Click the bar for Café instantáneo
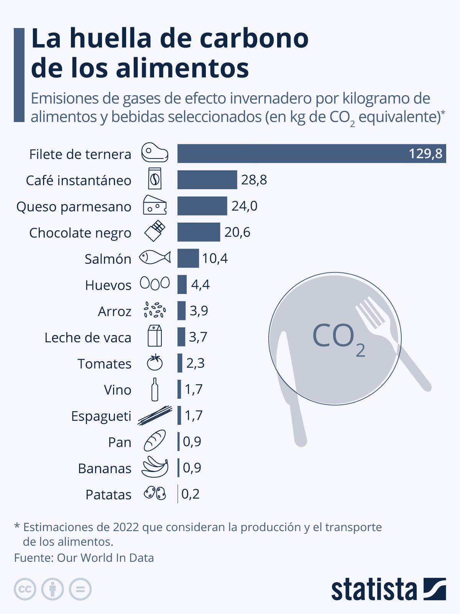pyautogui.click(x=207, y=180)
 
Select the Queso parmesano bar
pyautogui.click(x=202, y=206)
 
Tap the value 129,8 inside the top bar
pyautogui.click(x=425, y=154)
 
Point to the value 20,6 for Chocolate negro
pyautogui.click(x=237, y=232)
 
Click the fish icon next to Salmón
pyautogui.click(x=154, y=257)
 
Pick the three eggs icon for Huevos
pyautogui.click(x=154, y=283)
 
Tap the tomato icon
pyautogui.click(x=155, y=362)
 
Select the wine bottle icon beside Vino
pyautogui.click(x=154, y=389)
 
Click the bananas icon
pyautogui.click(x=155, y=467)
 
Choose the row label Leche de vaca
pyautogui.click(x=88, y=338)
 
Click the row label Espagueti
pyautogui.click(x=101, y=416)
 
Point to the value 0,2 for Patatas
pyautogui.click(x=191, y=494)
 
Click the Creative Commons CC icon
pyautogui.click(x=25, y=589)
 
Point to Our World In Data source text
pyautogui.click(x=105, y=558)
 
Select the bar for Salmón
pyautogui.click(x=188, y=258)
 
